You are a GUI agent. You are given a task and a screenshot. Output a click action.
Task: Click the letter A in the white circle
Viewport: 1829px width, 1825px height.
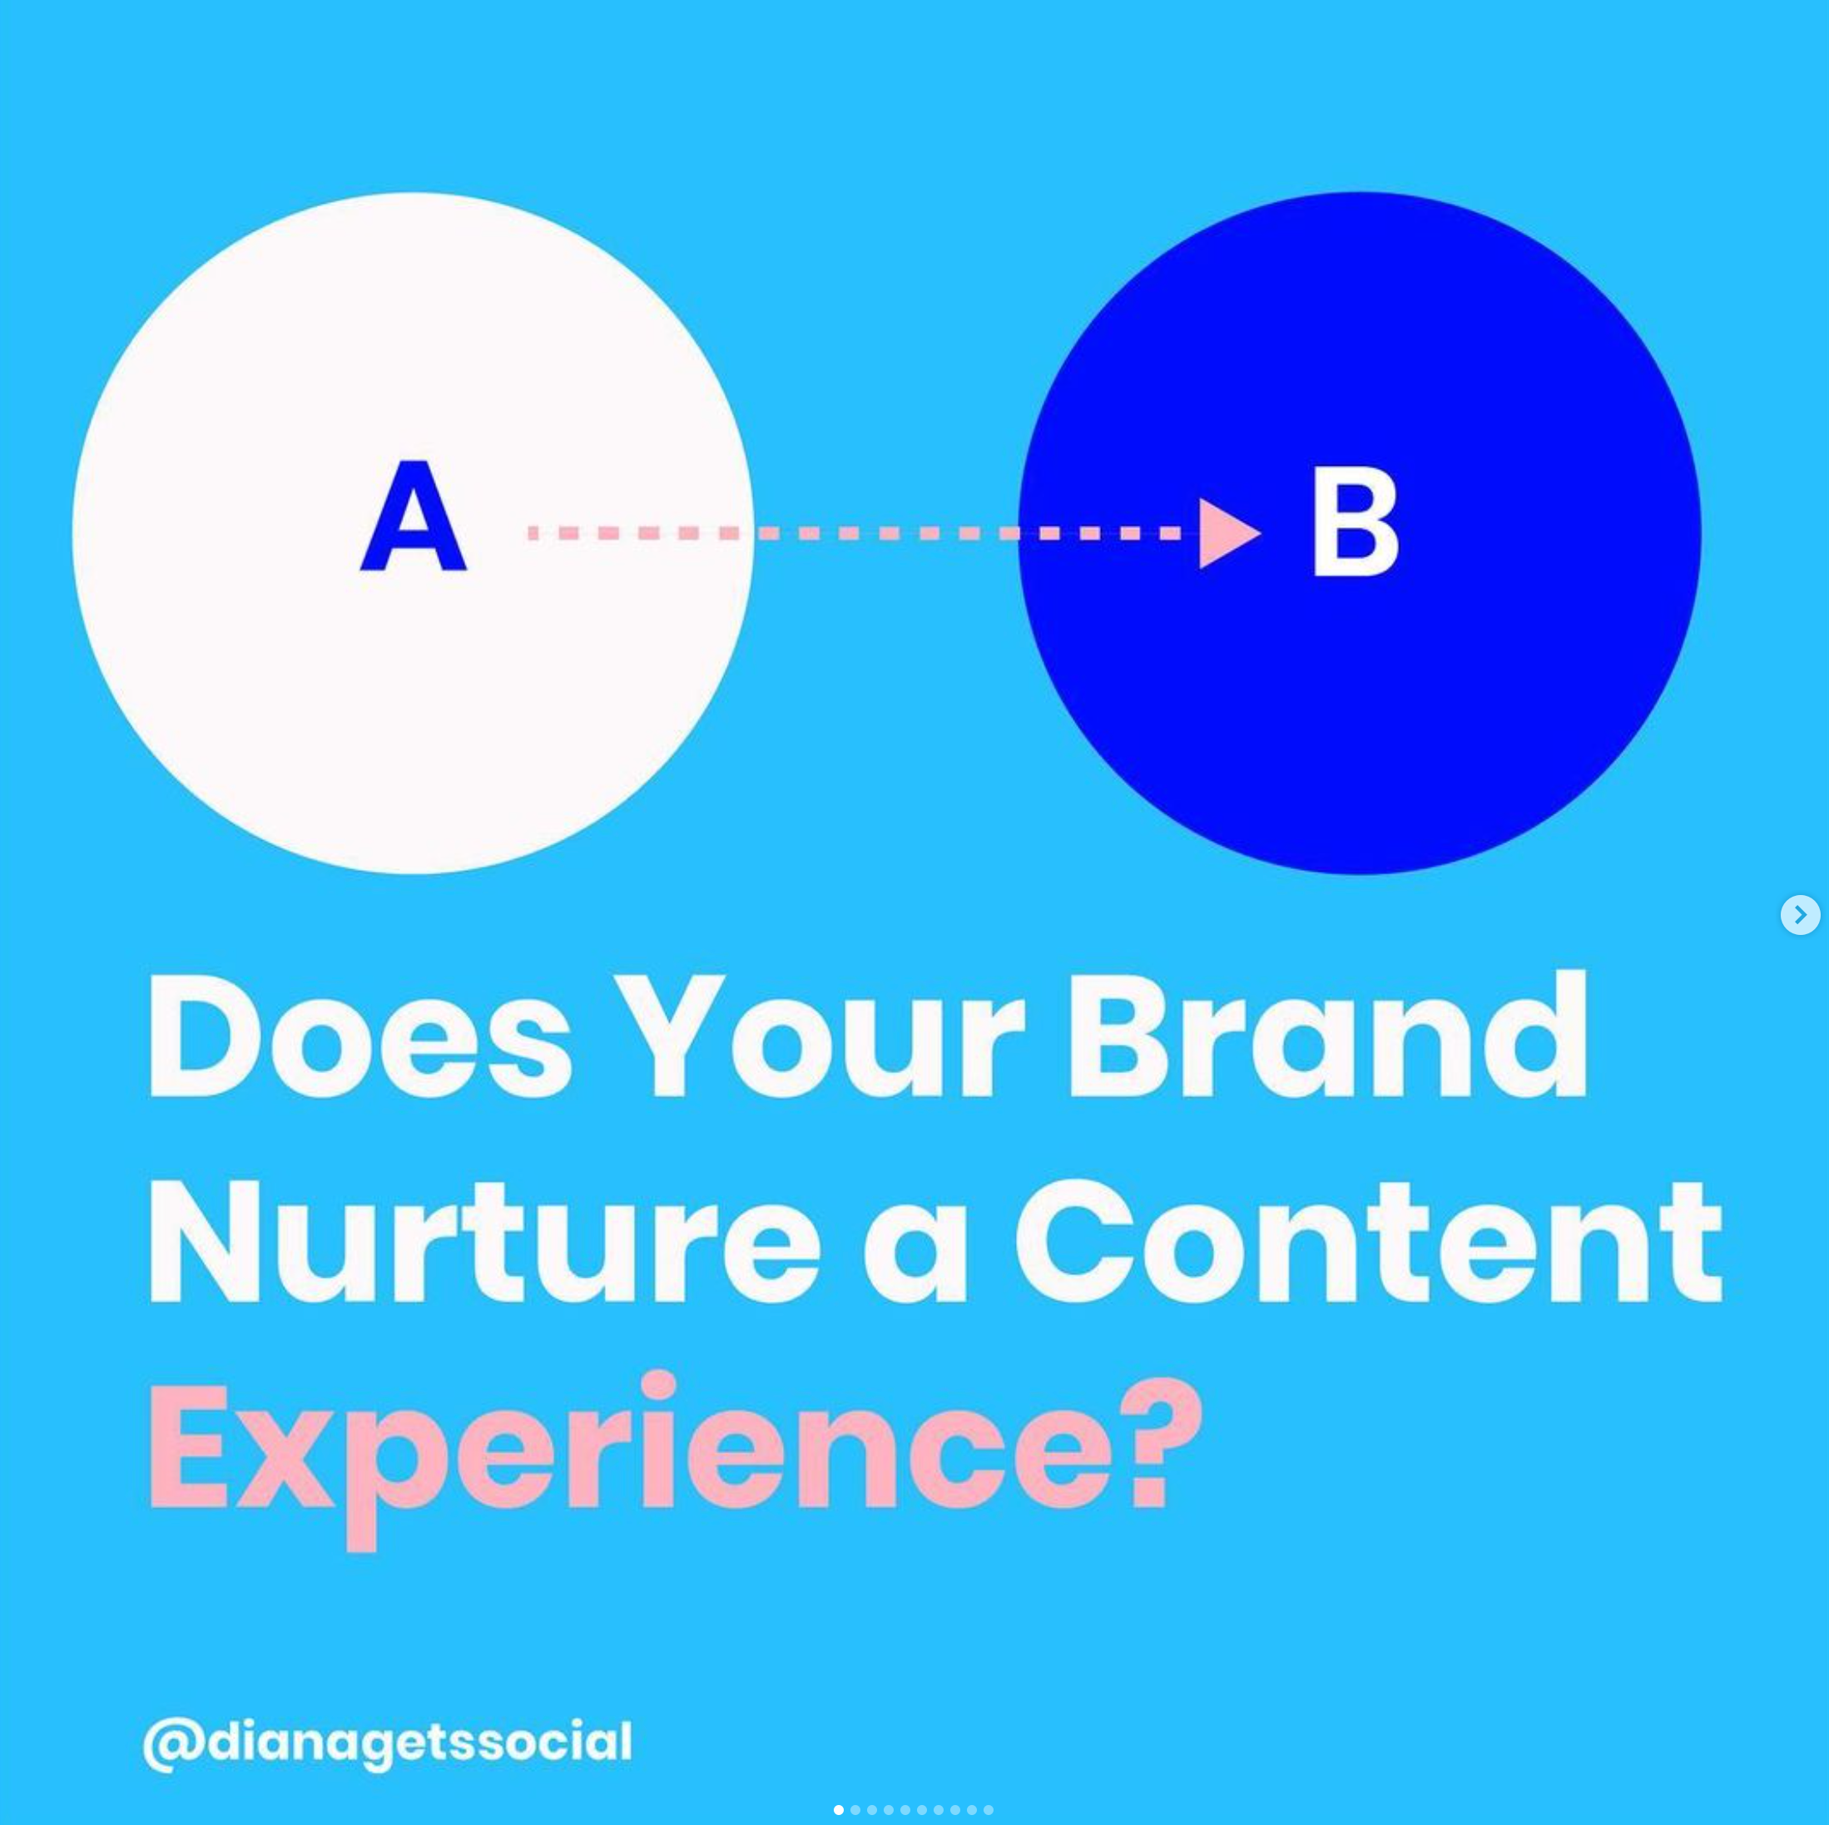click(414, 516)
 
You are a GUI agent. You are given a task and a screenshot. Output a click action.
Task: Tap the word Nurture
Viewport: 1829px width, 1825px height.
click(484, 1244)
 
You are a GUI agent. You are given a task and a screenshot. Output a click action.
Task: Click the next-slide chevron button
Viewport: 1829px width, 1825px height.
click(1800, 914)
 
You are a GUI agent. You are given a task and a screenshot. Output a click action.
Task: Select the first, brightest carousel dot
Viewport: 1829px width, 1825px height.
click(839, 1810)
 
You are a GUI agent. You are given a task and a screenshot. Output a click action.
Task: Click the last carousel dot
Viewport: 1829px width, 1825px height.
click(989, 1810)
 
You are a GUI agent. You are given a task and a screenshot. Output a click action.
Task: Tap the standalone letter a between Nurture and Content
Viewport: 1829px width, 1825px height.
click(915, 1259)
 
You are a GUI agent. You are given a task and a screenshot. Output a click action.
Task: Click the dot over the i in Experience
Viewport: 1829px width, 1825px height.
click(658, 1385)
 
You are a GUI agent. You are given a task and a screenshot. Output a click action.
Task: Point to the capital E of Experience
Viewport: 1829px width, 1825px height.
click(187, 1447)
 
